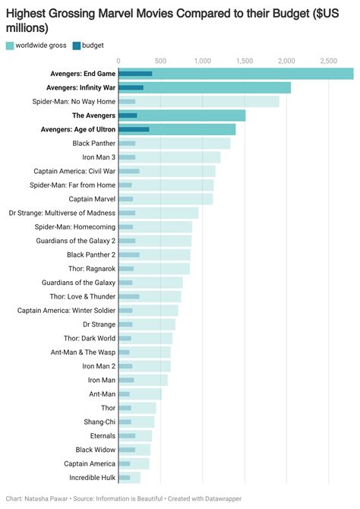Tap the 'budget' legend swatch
pyautogui.click(x=77, y=46)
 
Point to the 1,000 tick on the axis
pyautogui.click(x=202, y=60)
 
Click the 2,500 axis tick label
pyautogui.click(x=328, y=60)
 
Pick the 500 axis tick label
pyautogui.click(x=160, y=60)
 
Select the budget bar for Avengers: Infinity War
pyautogui.click(x=131, y=87)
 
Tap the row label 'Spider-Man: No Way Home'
pyautogui.click(x=74, y=101)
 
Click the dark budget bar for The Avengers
pyautogui.click(x=128, y=115)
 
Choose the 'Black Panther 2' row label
pyautogui.click(x=91, y=254)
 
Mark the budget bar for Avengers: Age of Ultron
pyautogui.click(x=134, y=129)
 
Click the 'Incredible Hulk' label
pyautogui.click(x=92, y=478)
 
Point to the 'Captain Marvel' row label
pyautogui.click(x=92, y=199)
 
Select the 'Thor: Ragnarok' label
pyautogui.click(x=92, y=268)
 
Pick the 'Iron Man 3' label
pyautogui.click(x=99, y=157)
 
